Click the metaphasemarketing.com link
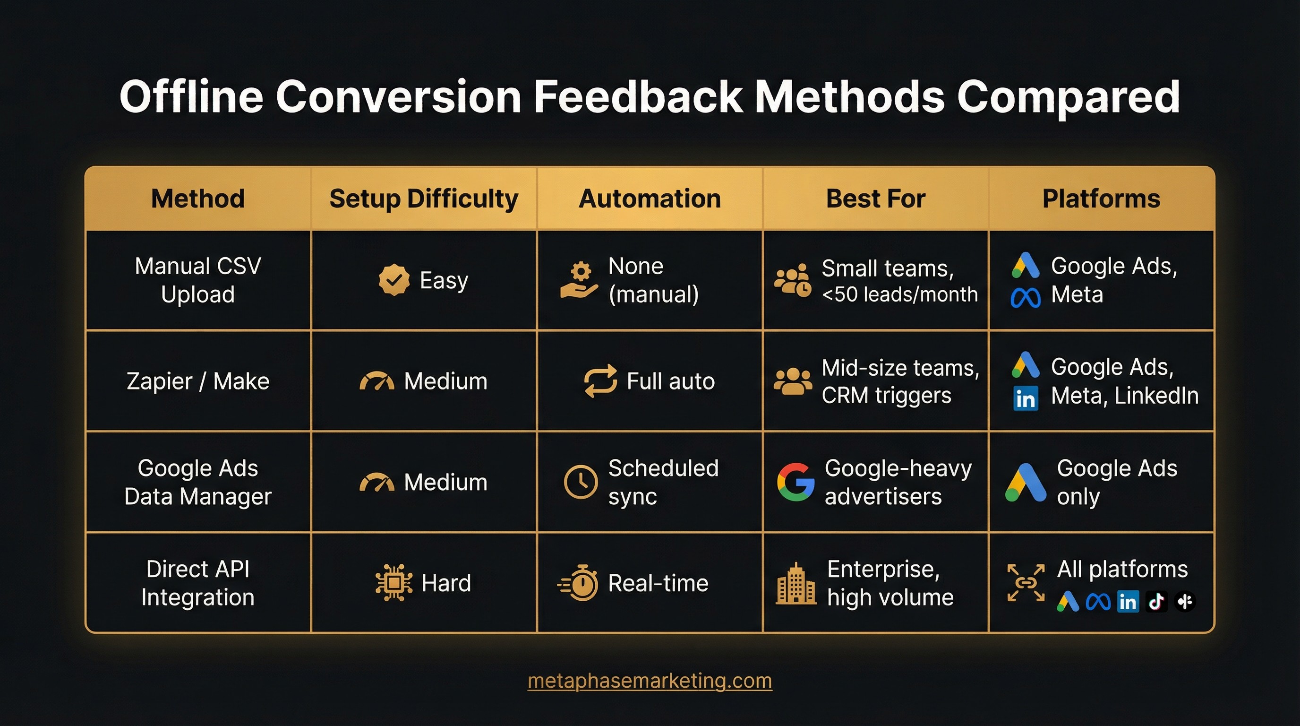(x=650, y=681)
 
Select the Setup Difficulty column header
(x=423, y=199)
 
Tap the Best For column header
(x=876, y=199)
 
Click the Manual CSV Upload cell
(x=198, y=280)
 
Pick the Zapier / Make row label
(x=198, y=381)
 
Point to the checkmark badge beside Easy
(x=393, y=280)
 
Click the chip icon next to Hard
(x=393, y=583)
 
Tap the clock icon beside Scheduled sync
(x=581, y=482)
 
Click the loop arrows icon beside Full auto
(x=600, y=381)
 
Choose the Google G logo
(x=796, y=482)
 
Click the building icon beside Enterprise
(x=796, y=584)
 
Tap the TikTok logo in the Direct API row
(x=1156, y=601)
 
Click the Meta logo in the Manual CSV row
(x=1026, y=298)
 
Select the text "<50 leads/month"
(x=900, y=294)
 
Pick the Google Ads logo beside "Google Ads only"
(x=1026, y=482)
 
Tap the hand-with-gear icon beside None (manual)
(x=579, y=280)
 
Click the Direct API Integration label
(x=198, y=583)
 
